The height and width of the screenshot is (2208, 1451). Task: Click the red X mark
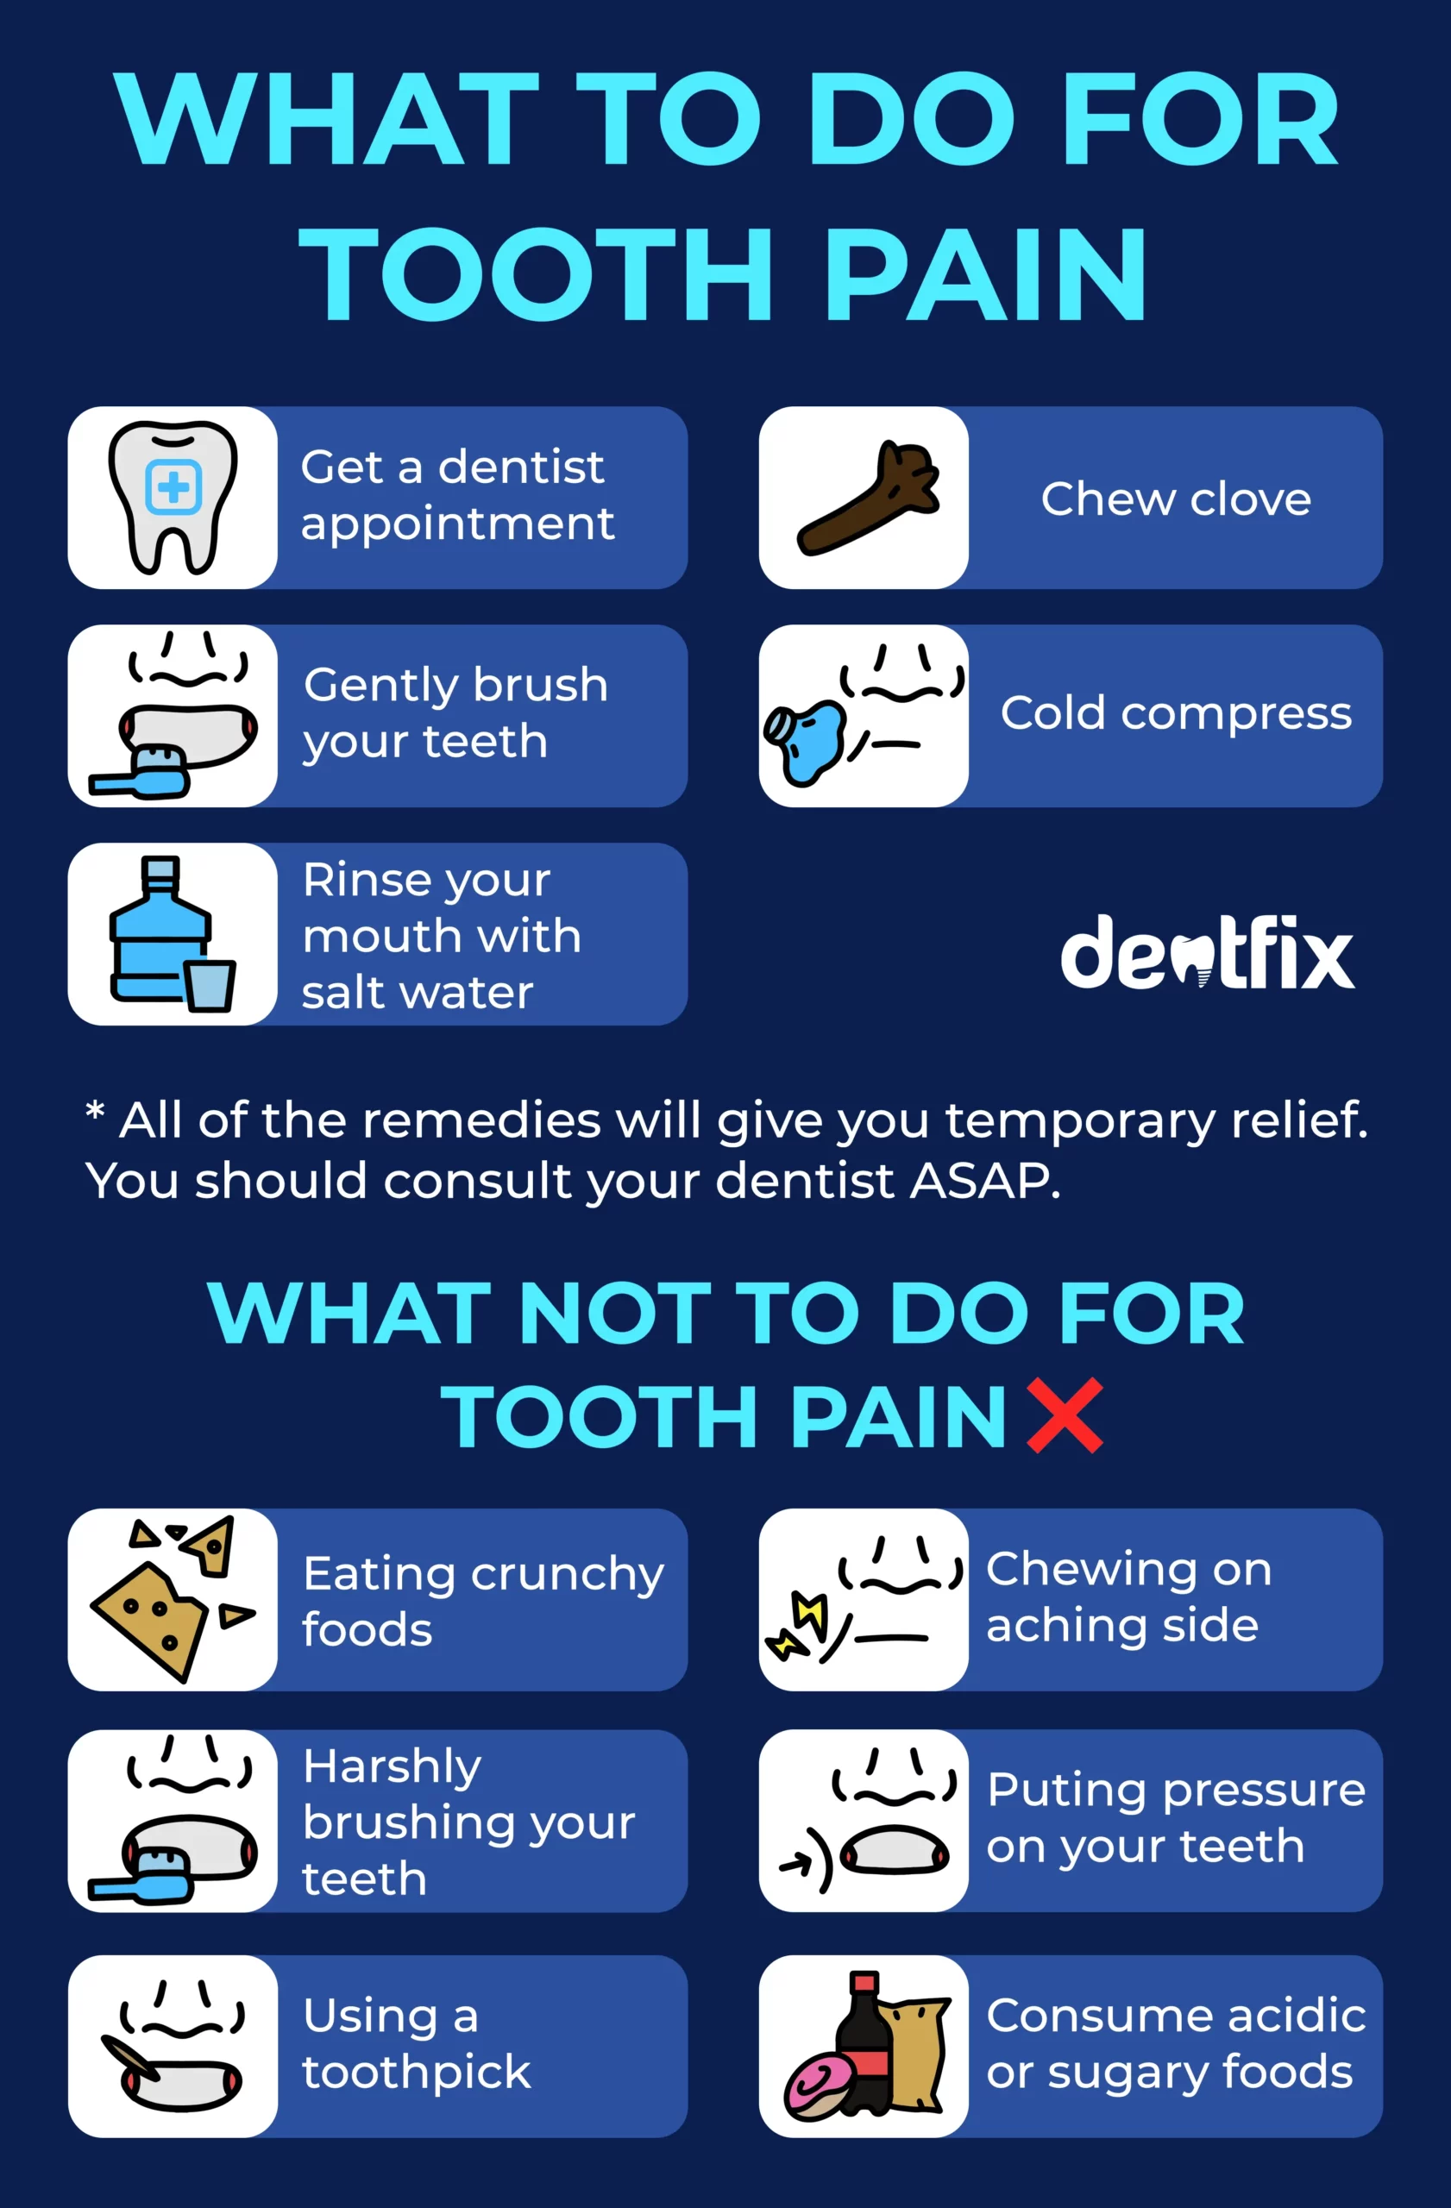point(1065,1414)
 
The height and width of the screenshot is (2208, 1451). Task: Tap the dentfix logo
point(1207,952)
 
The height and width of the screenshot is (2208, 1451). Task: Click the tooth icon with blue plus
point(173,498)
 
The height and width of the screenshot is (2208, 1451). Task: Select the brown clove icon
point(869,498)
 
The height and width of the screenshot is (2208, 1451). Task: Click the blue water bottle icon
point(160,928)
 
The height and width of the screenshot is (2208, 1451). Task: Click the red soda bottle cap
point(864,1982)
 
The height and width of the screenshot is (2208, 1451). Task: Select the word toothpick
point(417,2072)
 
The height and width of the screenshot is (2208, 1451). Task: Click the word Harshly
point(393,1766)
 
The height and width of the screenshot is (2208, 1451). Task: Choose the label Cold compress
point(1176,714)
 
